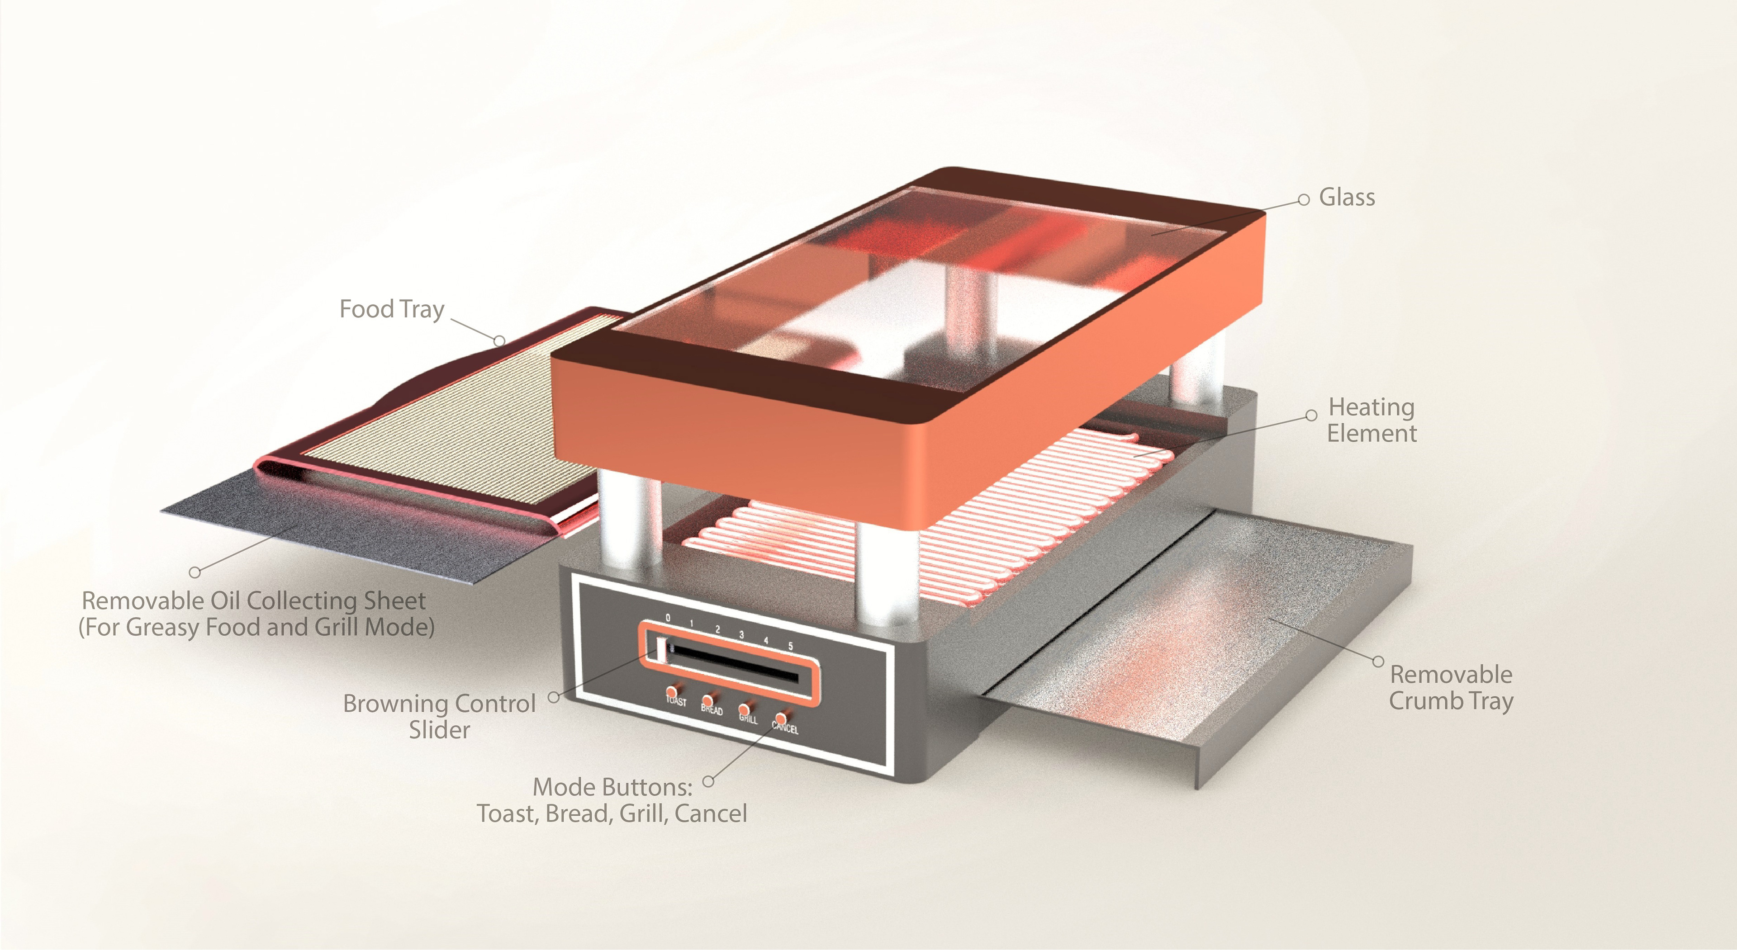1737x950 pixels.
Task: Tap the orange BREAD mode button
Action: click(708, 701)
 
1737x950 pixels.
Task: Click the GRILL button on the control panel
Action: click(745, 709)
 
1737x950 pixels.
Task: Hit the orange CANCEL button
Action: click(781, 718)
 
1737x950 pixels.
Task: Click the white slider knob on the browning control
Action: click(659, 648)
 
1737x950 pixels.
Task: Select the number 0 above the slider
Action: click(668, 618)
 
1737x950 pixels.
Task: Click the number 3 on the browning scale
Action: click(741, 634)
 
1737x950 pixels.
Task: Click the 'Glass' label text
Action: click(1347, 198)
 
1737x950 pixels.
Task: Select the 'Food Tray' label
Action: click(392, 309)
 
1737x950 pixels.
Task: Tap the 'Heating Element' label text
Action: click(1372, 420)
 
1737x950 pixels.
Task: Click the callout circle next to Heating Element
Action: click(1311, 416)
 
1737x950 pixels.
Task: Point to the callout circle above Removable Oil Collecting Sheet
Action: click(195, 572)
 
